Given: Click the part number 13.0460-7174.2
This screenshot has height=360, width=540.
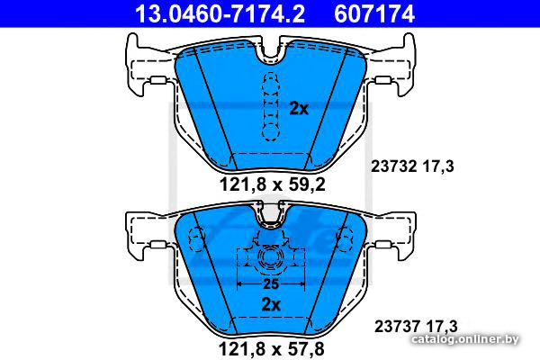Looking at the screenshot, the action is tap(220, 13).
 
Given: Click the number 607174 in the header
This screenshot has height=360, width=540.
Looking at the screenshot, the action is tap(374, 13).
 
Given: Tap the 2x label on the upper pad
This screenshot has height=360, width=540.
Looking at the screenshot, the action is tap(299, 109).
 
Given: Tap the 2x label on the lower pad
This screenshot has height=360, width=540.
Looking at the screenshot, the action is tap(271, 304).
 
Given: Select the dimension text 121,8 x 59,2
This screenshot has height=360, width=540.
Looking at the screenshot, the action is tap(272, 184).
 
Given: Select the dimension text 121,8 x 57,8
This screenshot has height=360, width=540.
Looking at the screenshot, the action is tap(272, 349).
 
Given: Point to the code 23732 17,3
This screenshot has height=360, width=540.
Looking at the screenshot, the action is tap(412, 166).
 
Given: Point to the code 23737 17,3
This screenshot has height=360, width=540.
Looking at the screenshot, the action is tap(416, 326).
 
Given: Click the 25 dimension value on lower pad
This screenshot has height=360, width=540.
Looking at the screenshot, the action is tap(271, 284).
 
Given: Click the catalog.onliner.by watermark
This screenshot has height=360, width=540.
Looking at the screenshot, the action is tap(465, 339).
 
